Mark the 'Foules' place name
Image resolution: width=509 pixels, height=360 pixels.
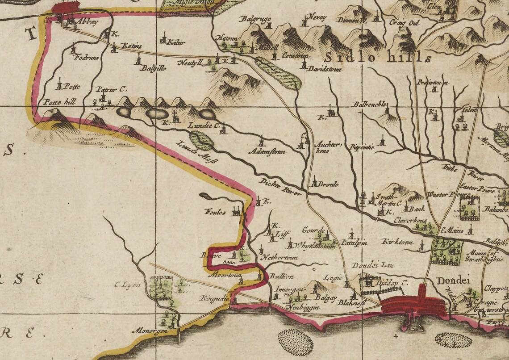[215, 211]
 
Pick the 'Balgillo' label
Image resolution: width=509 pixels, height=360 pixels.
[150, 69]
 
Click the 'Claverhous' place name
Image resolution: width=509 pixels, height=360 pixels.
[411, 220]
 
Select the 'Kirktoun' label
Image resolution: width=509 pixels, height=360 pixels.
[395, 241]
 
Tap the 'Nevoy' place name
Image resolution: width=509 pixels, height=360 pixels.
[318, 17]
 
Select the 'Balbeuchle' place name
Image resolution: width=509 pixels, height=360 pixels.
[369, 104]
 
